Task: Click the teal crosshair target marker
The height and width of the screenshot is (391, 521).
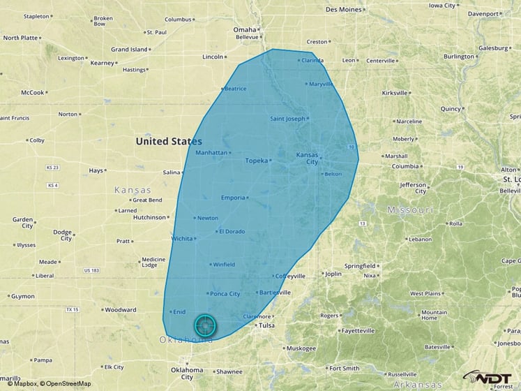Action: coord(205,325)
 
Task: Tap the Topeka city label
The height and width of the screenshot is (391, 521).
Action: coord(257,161)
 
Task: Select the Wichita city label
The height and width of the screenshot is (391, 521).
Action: coord(182,239)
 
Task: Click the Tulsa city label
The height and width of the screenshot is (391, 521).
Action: coord(266,325)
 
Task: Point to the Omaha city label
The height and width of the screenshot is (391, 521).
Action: coord(245,29)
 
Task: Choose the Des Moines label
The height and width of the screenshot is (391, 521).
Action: coord(344,9)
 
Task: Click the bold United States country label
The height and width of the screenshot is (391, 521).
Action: coord(169,141)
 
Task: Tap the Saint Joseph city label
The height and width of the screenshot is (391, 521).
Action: coord(287,119)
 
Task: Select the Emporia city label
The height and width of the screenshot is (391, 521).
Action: coord(233,198)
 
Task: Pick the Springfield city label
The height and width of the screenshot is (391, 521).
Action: coord(359,266)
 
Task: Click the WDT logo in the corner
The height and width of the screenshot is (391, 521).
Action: coord(490,378)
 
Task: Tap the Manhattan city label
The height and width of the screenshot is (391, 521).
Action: coord(211,152)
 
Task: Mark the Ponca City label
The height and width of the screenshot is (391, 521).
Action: coord(225,294)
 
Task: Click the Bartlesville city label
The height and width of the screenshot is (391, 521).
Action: coord(273,293)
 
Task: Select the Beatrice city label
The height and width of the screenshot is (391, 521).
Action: coord(235,89)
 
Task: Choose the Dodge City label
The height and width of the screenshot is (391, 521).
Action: coord(63,235)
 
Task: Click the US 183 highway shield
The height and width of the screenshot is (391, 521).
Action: coord(91,270)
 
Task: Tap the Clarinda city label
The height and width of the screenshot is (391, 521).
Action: coord(312,60)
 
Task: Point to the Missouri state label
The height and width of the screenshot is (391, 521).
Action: coord(410,209)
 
